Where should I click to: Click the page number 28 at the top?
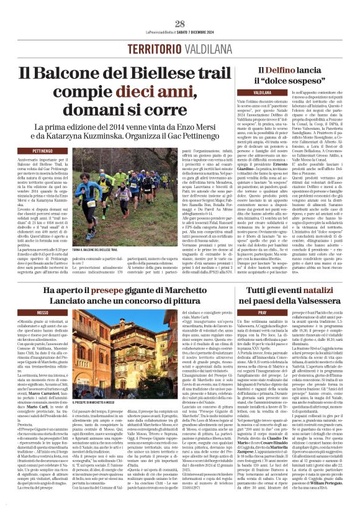[180, 24]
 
